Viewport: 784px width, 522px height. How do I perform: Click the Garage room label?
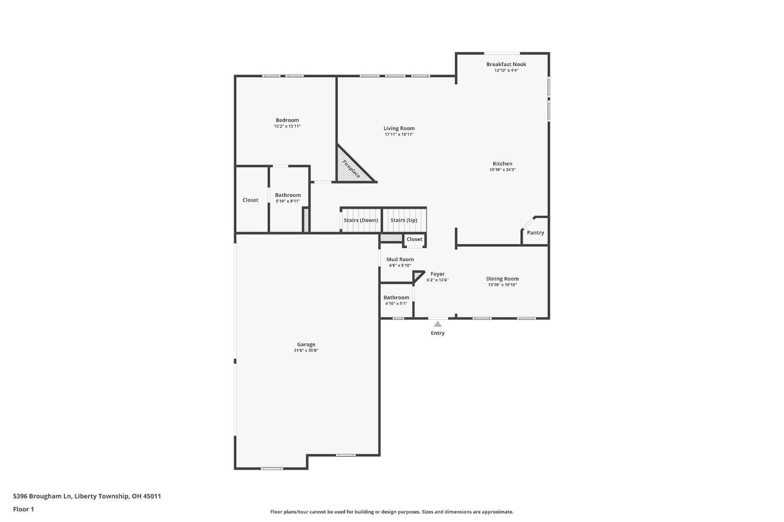[x=306, y=344]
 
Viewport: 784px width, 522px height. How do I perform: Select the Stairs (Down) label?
[x=361, y=220]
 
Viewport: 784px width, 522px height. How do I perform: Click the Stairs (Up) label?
[x=403, y=220]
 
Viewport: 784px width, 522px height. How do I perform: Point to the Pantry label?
[x=535, y=233]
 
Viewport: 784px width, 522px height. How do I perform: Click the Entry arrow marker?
[x=437, y=324]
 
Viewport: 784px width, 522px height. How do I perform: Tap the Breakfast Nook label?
[x=506, y=64]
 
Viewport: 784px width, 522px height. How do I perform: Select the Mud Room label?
[x=400, y=259]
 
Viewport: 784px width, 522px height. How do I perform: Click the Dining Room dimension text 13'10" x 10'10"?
[x=502, y=285]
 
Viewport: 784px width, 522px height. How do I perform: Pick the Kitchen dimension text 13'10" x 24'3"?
[x=502, y=170]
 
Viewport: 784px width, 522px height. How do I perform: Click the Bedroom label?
[x=287, y=120]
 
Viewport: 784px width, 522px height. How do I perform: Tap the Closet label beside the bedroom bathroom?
[x=250, y=200]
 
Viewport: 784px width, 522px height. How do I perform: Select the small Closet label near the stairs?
[x=414, y=239]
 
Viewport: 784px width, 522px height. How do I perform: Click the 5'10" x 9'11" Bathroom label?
[x=288, y=195]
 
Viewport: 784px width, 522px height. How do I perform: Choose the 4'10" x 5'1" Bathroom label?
[x=396, y=297]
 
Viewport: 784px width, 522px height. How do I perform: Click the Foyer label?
[x=437, y=274]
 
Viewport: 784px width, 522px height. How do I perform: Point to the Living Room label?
[x=399, y=128]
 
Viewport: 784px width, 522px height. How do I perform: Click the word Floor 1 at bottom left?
[x=24, y=509]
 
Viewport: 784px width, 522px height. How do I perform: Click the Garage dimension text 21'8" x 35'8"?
[x=306, y=351]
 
